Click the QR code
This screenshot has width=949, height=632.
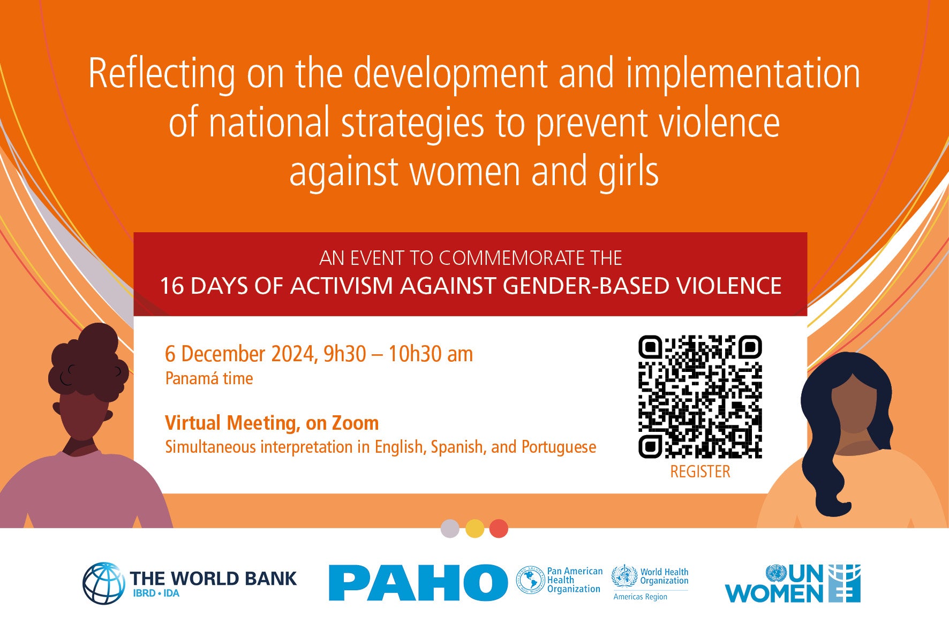[700, 397]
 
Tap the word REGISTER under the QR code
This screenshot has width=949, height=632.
[700, 471]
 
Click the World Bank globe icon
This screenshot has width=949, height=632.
[103, 583]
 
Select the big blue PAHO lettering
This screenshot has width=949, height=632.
[418, 582]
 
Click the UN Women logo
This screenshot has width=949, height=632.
[793, 583]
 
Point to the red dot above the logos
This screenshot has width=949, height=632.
[499, 529]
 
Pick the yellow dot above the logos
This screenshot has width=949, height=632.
[474, 529]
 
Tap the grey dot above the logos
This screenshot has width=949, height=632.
[450, 529]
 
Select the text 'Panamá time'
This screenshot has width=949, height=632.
[209, 378]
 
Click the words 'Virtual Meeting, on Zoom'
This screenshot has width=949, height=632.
[272, 423]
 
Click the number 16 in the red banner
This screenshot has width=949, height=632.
[172, 286]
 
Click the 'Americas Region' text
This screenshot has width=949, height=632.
[641, 597]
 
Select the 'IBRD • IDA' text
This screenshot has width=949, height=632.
[156, 593]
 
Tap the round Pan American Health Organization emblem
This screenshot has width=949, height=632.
[530, 580]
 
